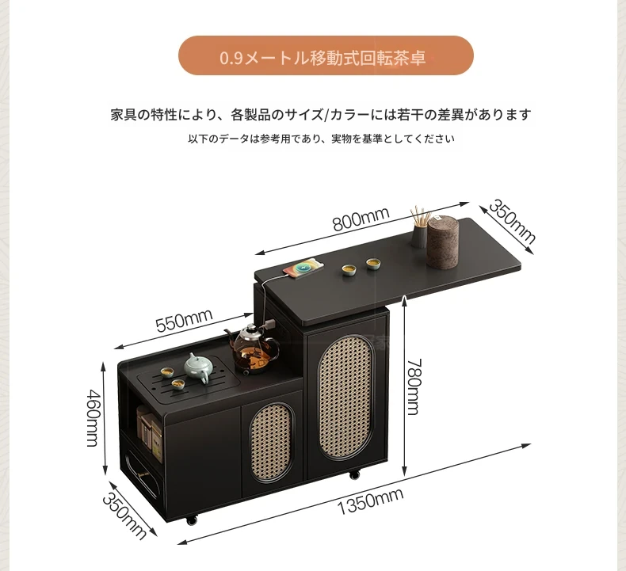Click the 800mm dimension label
click(x=361, y=219)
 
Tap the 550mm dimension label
click(x=184, y=320)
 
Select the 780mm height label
click(x=414, y=387)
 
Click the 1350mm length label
click(x=371, y=501)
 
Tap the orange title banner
click(x=326, y=55)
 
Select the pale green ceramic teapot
click(x=199, y=367)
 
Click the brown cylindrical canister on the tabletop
click(x=443, y=242)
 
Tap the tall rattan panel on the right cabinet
click(x=345, y=397)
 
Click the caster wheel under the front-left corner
click(x=192, y=520)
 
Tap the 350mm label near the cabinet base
click(x=125, y=516)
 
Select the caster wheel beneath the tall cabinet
click(x=354, y=475)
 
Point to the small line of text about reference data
click(x=321, y=139)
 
